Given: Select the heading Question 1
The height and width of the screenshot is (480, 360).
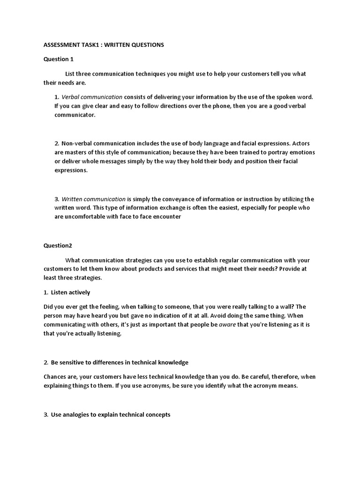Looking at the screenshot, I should click(59, 59).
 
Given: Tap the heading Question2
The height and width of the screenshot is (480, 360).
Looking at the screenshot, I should click(58, 245).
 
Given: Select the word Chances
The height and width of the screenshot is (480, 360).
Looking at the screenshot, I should click(56, 376).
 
